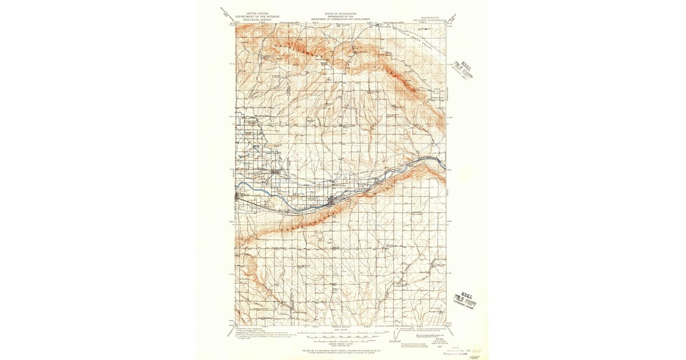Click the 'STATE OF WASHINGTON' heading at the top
click(341, 13)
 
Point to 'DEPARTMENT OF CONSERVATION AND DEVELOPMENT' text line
click(341, 19)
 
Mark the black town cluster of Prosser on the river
click(333, 201)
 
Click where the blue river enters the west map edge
click(237, 184)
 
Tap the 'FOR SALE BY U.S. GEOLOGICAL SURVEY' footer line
click(341, 349)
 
